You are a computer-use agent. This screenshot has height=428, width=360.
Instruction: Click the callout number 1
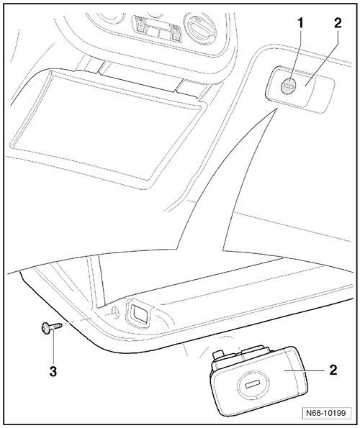click(x=300, y=24)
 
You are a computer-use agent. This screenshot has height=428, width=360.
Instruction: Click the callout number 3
click(x=53, y=371)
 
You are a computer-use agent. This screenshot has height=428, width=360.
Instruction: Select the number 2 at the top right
click(x=338, y=24)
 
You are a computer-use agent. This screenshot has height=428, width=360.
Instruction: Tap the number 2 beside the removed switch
click(x=333, y=370)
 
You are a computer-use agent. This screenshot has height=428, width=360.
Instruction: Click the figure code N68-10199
click(x=325, y=413)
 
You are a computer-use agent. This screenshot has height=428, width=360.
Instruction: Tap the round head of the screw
click(x=46, y=327)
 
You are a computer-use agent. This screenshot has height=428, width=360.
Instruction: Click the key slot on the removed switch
click(x=253, y=385)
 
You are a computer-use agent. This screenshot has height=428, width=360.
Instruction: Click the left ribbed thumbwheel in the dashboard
click(x=139, y=25)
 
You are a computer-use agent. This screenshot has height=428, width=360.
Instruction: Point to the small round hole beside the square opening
click(x=114, y=312)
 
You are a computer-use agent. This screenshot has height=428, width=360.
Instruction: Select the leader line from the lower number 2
click(x=304, y=370)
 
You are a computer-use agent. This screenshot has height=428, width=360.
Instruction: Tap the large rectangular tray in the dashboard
click(x=107, y=128)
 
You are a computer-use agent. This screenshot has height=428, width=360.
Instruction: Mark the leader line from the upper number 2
click(x=321, y=58)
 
